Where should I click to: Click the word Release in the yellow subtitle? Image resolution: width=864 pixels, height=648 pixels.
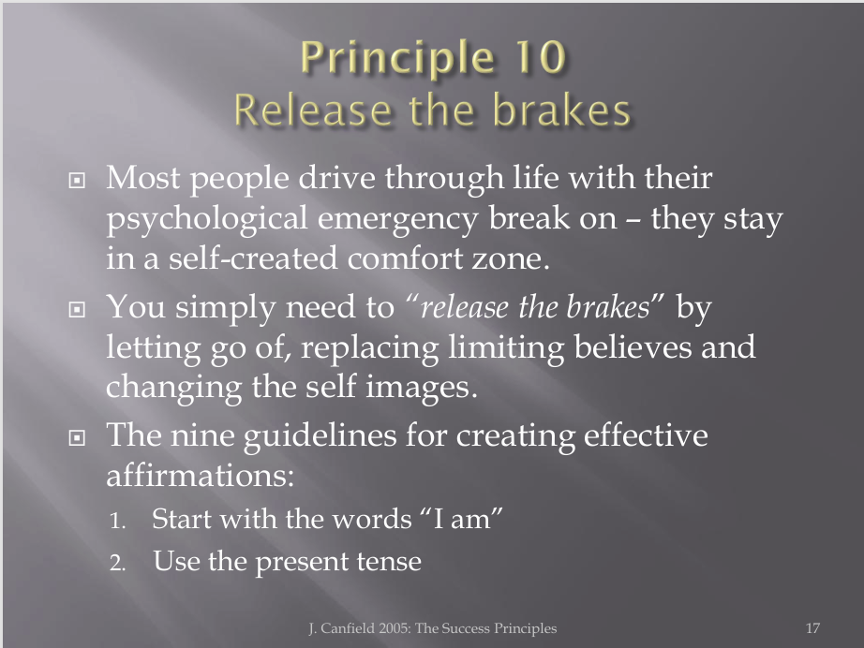click(x=312, y=110)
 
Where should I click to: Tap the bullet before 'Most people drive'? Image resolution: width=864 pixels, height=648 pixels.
click(x=77, y=180)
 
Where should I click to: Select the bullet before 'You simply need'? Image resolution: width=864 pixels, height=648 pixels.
click(x=77, y=309)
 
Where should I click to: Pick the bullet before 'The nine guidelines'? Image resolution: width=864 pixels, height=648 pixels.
click(x=77, y=437)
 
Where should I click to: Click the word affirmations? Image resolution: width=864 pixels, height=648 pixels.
click(x=200, y=475)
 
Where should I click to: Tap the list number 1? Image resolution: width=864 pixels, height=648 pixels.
click(x=117, y=521)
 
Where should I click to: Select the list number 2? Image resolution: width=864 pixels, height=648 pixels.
click(x=117, y=563)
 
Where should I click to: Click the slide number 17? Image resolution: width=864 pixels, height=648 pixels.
click(x=812, y=628)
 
